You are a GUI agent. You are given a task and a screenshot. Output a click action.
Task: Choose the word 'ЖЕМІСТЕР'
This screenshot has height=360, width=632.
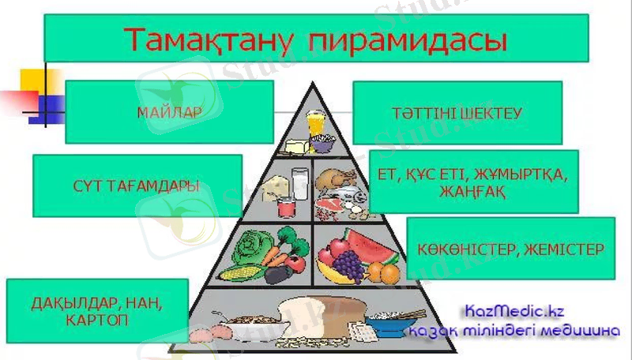(562, 249)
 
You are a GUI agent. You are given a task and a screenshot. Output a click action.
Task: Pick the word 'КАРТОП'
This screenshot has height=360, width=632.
(96, 319)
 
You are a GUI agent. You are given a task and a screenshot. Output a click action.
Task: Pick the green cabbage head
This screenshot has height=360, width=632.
(252, 244)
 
